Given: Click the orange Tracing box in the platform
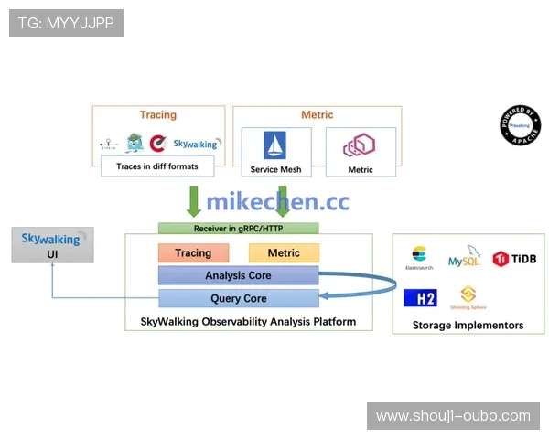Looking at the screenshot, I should coord(192,253).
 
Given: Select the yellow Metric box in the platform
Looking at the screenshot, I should coord(283,253).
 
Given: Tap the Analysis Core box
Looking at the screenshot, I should coord(238,275).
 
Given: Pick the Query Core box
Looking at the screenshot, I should coord(238,298).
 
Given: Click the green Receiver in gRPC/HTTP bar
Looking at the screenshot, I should coord(238,228).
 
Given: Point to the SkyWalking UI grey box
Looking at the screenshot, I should coord(52,245).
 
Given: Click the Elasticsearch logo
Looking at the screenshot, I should coord(419,257).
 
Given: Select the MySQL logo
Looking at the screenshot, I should coord(464,257).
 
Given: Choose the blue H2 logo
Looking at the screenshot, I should coord(420,297).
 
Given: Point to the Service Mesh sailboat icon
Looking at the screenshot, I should coord(275,146).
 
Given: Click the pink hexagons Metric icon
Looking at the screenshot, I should coord(360,145).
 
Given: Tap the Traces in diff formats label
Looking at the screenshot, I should coord(157,166).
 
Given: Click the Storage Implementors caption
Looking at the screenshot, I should coord(468,325).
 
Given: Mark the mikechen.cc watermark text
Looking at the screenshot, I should coord(277,202).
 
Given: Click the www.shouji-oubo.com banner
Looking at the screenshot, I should coord(453,416).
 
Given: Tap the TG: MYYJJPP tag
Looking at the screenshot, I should coord(66,23).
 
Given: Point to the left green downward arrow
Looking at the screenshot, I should coord(193,200).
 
